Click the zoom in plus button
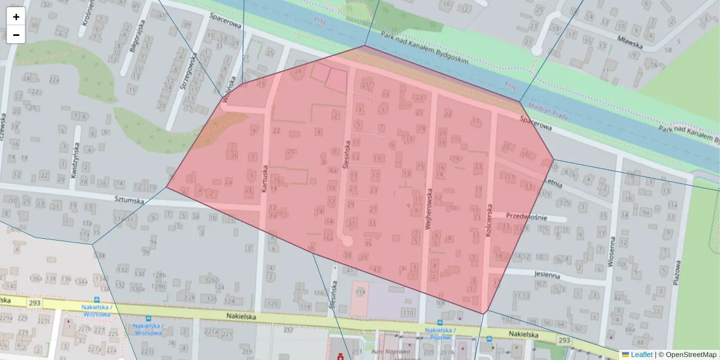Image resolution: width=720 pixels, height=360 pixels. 16,17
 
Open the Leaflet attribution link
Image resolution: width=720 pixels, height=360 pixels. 641,355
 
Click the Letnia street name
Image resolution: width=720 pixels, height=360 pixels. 553,181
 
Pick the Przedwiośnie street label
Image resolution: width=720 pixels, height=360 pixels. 527,216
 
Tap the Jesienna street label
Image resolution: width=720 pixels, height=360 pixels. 545,275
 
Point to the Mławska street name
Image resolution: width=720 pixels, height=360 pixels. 630,44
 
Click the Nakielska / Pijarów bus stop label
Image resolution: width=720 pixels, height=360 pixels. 440,334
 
